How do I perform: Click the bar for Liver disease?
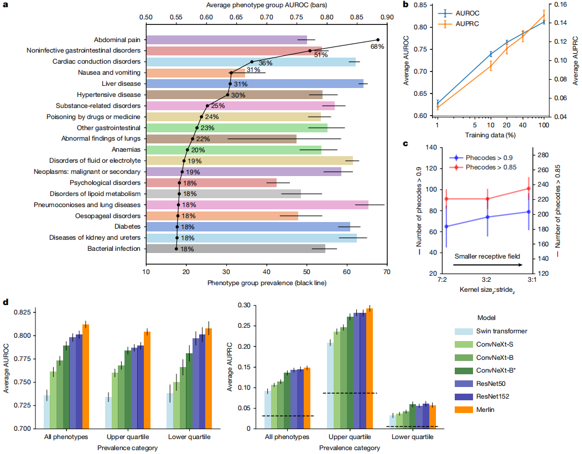[254, 84]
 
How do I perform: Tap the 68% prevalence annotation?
[377, 47]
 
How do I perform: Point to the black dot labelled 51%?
[310, 51]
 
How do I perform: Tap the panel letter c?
[406, 145]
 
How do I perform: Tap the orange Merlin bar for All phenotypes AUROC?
[86, 376]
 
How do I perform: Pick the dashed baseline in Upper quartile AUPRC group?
[350, 393]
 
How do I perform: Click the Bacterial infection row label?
[113, 249]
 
